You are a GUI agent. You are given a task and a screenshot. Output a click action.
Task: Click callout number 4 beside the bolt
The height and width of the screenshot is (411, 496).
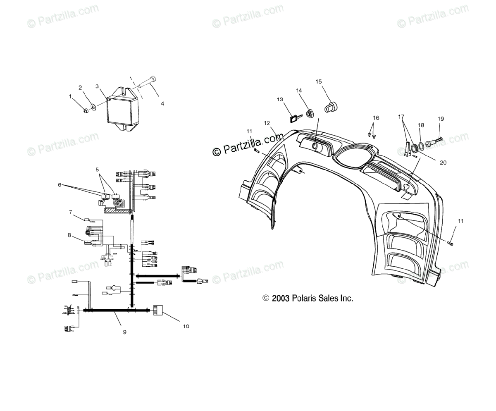point(162,104)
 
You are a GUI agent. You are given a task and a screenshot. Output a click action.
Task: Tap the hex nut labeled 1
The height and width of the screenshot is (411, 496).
point(86,110)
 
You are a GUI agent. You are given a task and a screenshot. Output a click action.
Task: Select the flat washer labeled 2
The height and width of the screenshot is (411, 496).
point(93,108)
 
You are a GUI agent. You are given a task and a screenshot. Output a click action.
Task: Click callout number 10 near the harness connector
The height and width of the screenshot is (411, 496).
point(186,326)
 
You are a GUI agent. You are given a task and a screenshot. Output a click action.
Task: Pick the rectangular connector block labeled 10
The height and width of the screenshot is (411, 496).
point(158,310)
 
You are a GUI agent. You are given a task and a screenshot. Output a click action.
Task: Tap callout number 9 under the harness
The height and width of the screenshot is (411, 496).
point(124,332)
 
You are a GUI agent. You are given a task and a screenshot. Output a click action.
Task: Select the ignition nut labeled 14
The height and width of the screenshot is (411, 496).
point(309,112)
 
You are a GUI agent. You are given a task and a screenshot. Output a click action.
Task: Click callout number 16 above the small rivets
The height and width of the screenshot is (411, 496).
point(375,118)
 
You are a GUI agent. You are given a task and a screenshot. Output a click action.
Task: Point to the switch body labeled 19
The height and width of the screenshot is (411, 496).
point(433,144)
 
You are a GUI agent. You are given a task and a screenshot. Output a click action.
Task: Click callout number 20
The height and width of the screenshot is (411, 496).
point(432,162)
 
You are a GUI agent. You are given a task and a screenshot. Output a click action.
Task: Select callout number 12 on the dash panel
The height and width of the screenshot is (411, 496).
point(267,123)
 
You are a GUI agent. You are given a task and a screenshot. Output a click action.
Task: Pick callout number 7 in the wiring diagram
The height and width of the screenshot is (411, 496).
point(71,212)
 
